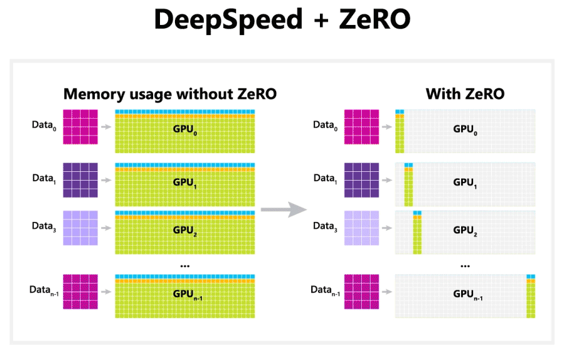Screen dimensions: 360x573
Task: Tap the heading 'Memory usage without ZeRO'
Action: (x=170, y=94)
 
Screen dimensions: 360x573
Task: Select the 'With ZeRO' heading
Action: (x=465, y=94)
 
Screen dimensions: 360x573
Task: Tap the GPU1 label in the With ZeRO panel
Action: (x=466, y=182)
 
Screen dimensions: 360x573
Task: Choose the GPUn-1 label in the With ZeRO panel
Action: (x=467, y=294)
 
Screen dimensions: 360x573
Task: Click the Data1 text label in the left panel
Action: (x=44, y=178)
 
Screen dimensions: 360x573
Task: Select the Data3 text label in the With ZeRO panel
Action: (x=324, y=227)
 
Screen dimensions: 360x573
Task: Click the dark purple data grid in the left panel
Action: (x=81, y=180)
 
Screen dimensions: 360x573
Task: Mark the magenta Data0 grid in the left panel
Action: (x=81, y=127)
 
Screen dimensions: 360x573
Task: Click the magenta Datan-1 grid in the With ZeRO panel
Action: (x=361, y=292)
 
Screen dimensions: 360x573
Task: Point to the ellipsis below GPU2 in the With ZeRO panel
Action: (x=465, y=265)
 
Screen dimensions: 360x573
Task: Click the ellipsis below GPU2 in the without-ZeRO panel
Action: (x=184, y=265)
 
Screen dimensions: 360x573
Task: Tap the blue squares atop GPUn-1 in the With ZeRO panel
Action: (x=531, y=276)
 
